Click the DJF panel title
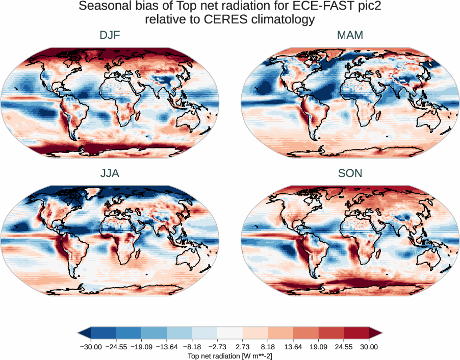point(110,36)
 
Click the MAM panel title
point(350,36)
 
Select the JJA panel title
point(110,173)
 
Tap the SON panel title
point(350,173)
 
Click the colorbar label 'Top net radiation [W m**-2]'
point(230,355)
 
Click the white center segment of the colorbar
point(230,333)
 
